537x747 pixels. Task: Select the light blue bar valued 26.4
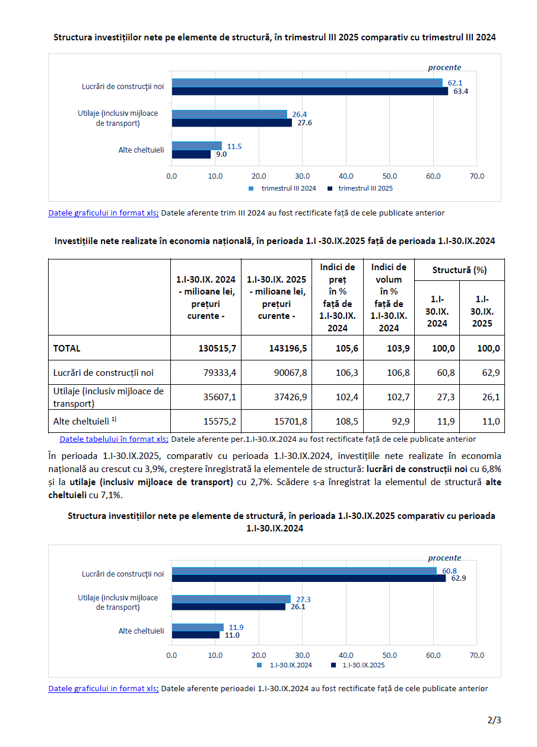point(229,114)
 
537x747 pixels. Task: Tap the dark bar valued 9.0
point(191,154)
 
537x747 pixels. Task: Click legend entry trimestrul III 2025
point(365,188)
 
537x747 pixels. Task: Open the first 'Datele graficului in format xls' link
point(103,213)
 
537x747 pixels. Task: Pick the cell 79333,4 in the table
point(206,373)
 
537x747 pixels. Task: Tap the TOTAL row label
point(67,349)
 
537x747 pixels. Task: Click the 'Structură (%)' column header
point(459,270)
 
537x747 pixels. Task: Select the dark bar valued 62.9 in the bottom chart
point(309,578)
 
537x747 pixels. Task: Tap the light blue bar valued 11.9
point(198,627)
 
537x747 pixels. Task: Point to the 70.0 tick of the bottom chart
point(476,655)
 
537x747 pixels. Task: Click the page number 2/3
point(494,721)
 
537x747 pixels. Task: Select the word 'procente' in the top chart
point(444,68)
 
